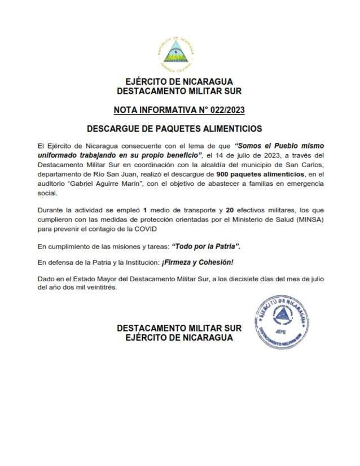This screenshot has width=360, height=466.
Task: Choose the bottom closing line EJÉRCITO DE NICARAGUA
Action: tap(179, 337)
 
